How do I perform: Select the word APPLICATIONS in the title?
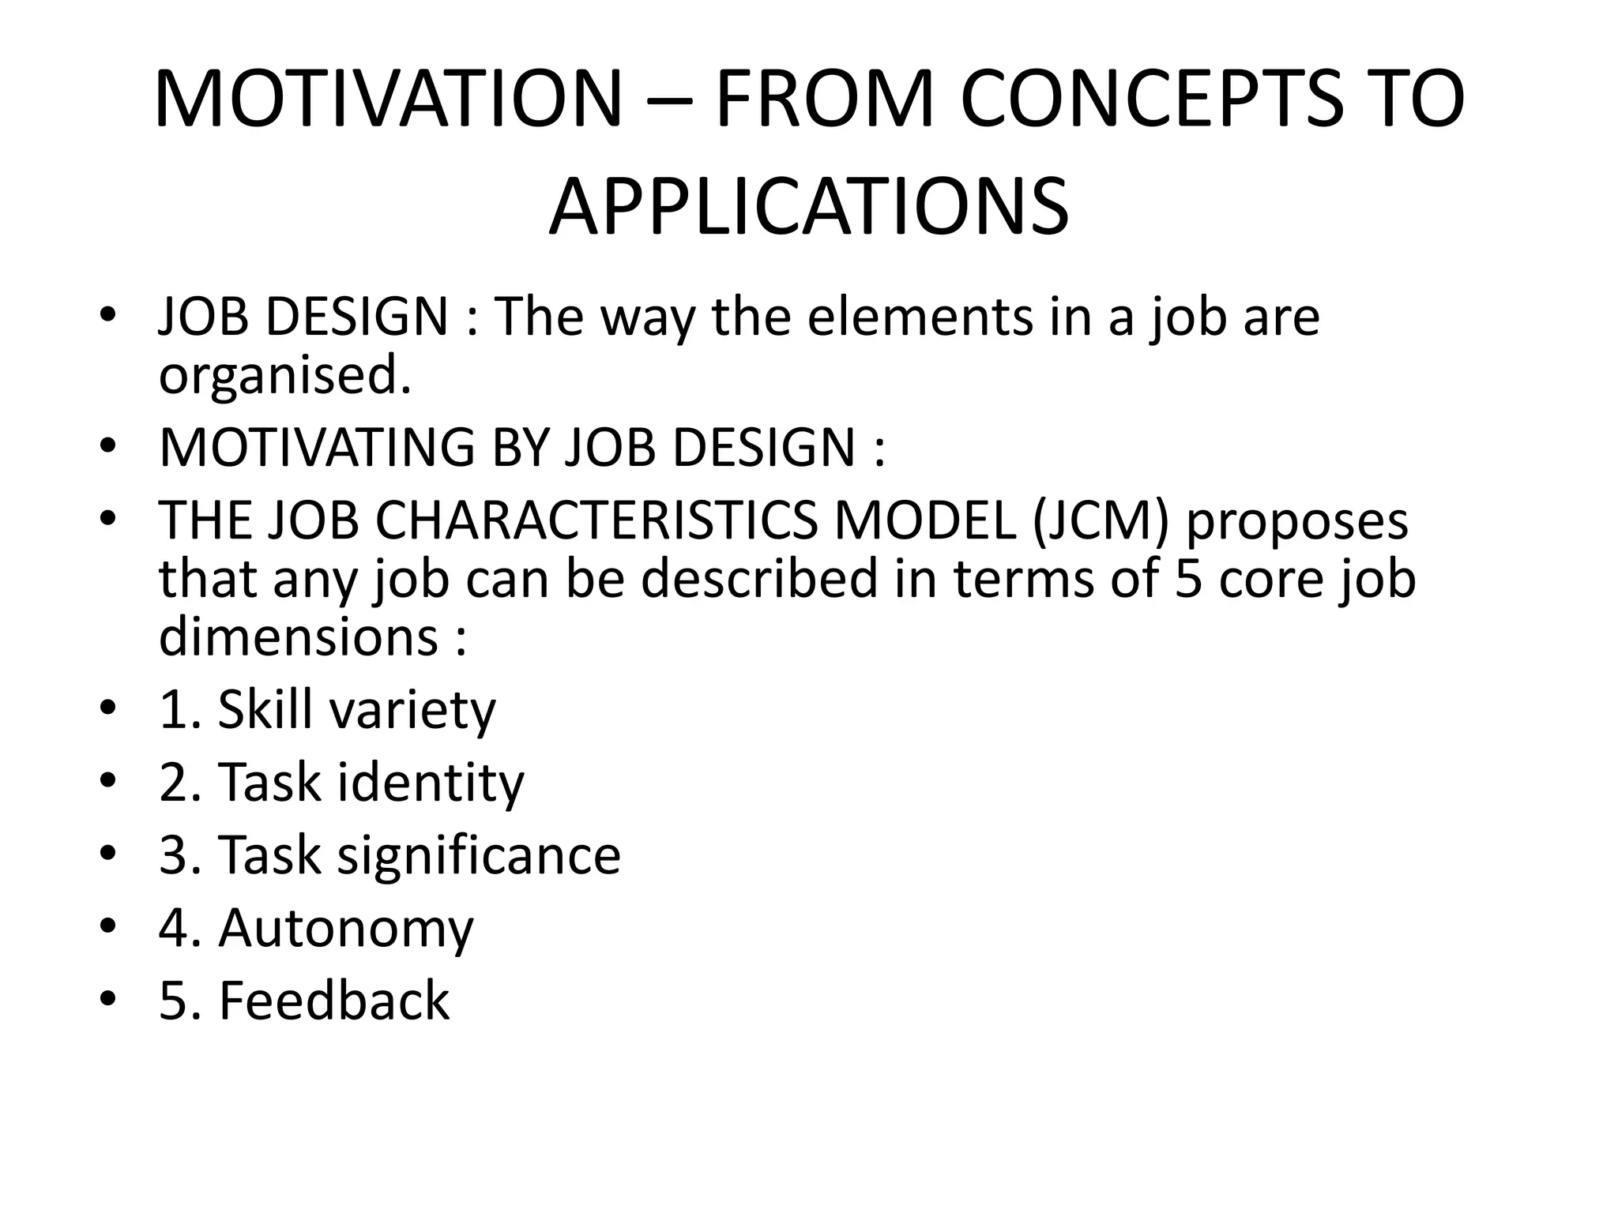click(808, 208)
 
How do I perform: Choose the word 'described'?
click(759, 578)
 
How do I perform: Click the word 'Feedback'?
click(333, 1001)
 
